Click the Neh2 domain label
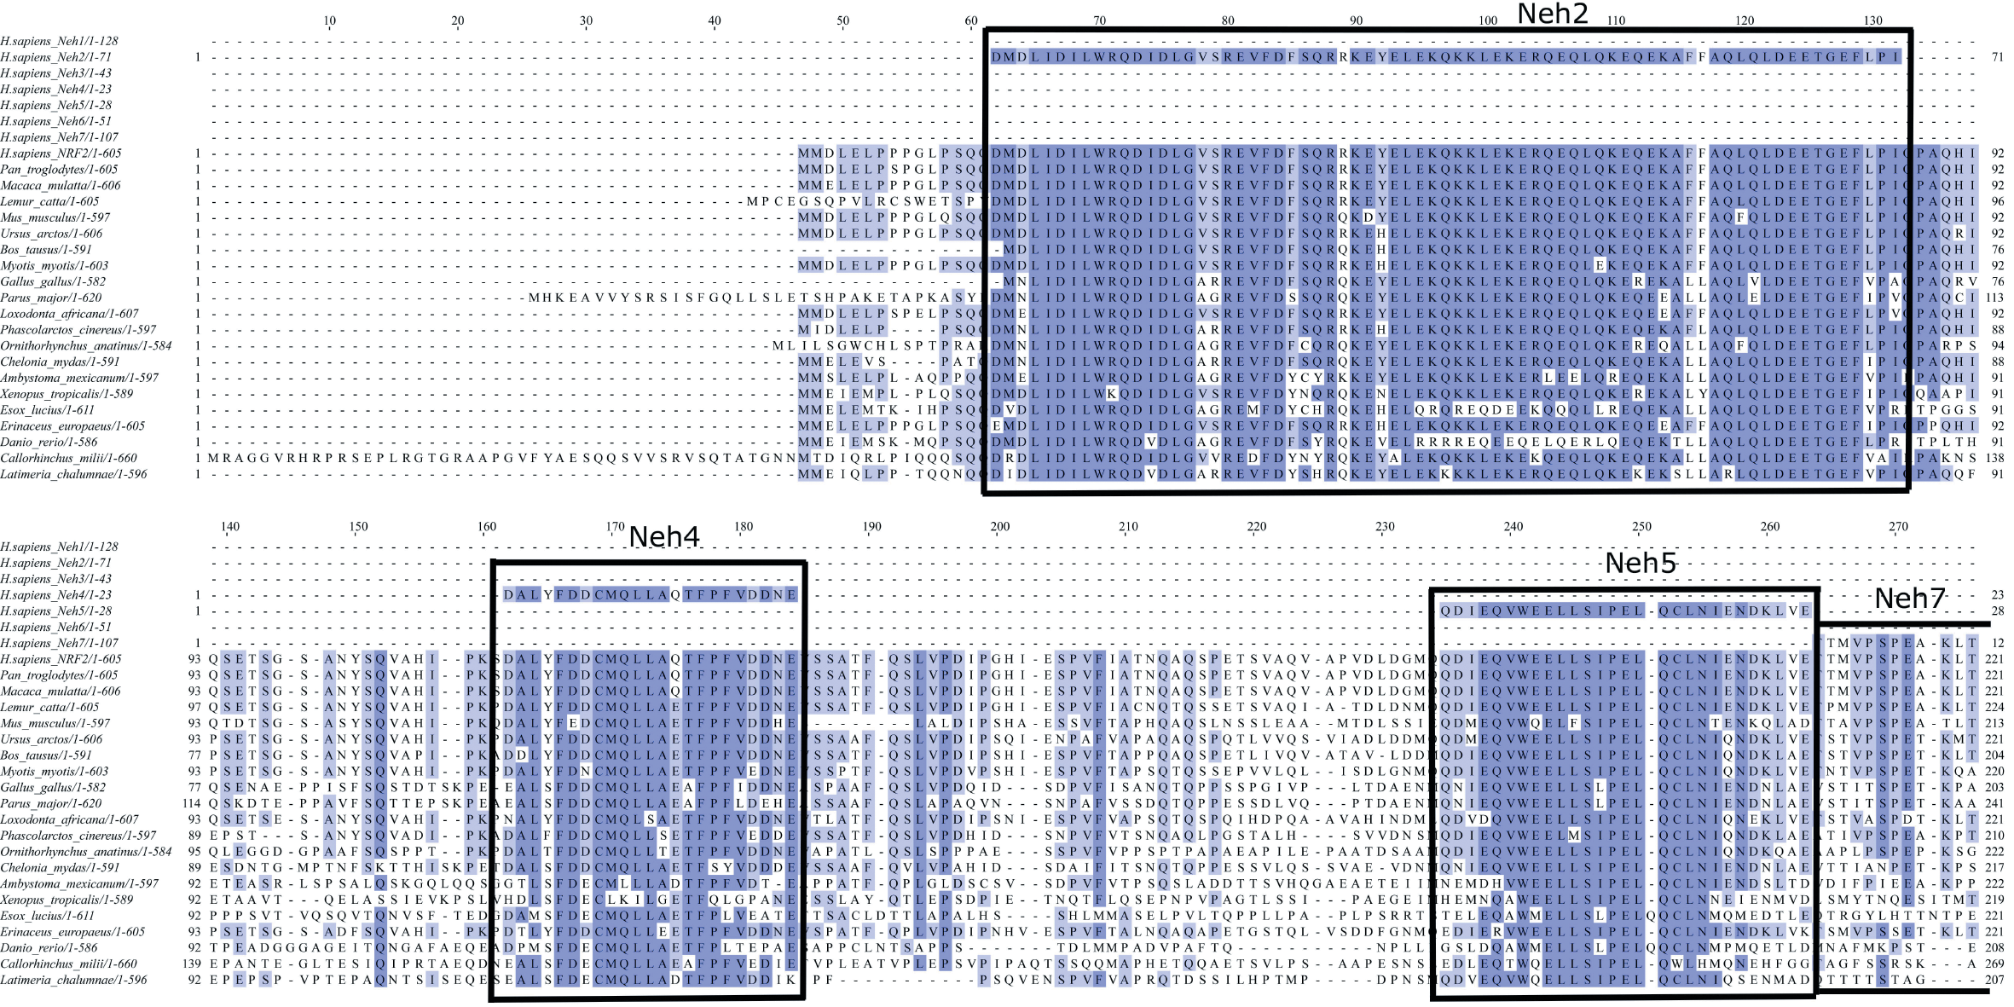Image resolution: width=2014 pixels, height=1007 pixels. pos(1552,14)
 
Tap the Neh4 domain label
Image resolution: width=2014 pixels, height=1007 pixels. pos(664,537)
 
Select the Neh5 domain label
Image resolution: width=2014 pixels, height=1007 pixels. pos(1640,564)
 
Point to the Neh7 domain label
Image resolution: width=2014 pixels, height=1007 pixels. pos(1909,599)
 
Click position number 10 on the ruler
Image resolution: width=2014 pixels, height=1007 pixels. pos(330,20)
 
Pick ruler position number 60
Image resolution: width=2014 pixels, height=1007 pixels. pos(971,20)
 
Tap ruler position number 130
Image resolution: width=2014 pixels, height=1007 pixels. pos(1872,20)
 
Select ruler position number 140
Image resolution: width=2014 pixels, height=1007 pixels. pos(230,527)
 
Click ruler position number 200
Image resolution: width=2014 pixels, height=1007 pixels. pos(999,527)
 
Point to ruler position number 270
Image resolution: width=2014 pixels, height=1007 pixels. pos(1898,527)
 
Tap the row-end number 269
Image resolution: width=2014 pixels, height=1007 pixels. pos(1994,964)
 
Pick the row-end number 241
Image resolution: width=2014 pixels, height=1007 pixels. pos(1994,803)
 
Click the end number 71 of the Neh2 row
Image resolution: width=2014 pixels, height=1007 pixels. pos(1997,57)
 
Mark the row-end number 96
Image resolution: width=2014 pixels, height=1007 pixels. pos(1997,201)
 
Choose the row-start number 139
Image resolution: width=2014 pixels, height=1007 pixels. pos(192,964)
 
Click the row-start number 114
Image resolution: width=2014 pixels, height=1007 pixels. pos(192,803)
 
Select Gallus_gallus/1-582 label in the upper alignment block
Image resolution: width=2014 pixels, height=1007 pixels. pos(53,281)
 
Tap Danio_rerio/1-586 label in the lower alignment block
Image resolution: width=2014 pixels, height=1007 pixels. pos(49,947)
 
